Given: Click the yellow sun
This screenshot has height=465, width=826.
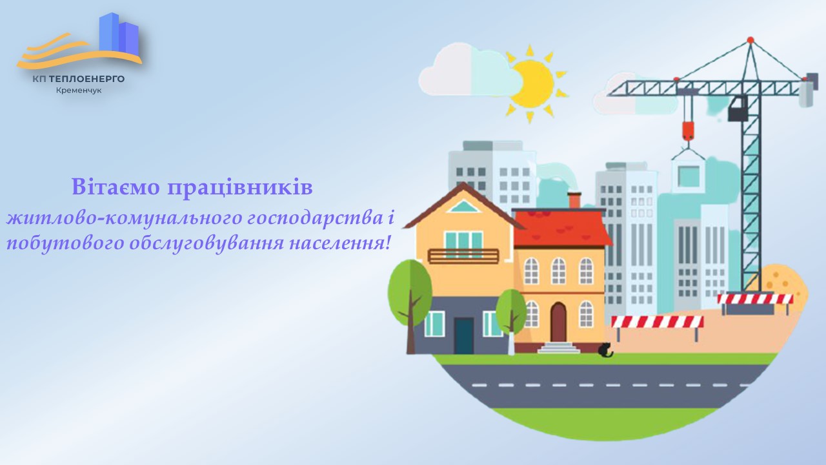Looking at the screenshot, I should coord(532,83).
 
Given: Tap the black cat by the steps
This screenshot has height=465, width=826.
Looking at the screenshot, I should coord(606,351).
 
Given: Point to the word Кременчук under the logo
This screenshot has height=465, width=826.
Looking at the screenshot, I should coord(79,90).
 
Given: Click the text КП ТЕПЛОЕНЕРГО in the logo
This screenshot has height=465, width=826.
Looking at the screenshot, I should coord(79,79).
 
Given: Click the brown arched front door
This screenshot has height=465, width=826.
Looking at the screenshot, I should coord(558,321).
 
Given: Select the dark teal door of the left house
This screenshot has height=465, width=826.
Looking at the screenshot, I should coord(463,335).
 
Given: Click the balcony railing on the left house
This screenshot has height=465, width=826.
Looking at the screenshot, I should coord(463,256).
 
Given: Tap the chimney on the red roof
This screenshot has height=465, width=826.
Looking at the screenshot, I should coord(574,200).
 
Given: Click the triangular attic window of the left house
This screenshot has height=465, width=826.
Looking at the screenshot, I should coord(463,207).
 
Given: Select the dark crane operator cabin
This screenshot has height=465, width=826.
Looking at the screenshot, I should coord(738,109).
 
